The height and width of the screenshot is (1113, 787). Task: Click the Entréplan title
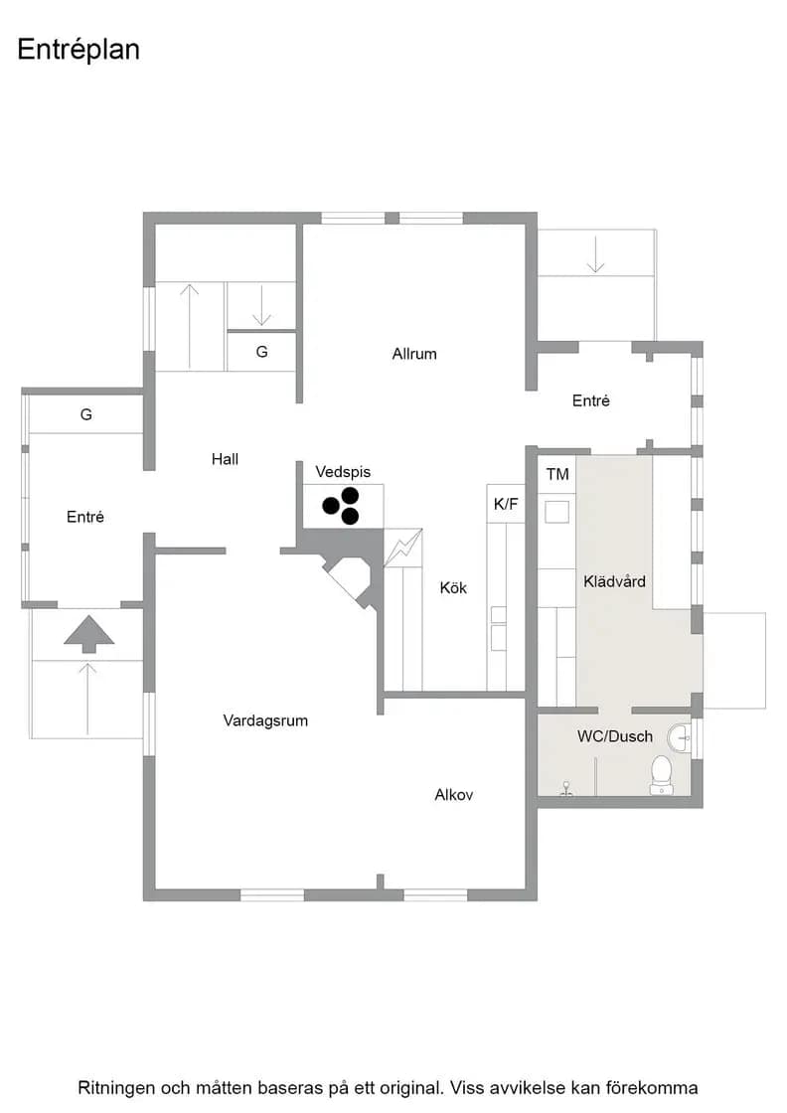pyautogui.click(x=79, y=50)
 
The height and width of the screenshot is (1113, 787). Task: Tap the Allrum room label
pyautogui.click(x=414, y=354)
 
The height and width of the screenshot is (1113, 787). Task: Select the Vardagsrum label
pyautogui.click(x=265, y=721)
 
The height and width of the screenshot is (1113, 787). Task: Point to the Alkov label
pyautogui.click(x=453, y=795)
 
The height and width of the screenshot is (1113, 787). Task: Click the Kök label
pyautogui.click(x=453, y=587)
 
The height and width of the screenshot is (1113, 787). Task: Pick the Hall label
pyautogui.click(x=225, y=459)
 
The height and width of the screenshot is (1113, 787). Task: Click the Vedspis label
pyautogui.click(x=343, y=472)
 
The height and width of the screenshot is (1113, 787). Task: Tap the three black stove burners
pyautogui.click(x=342, y=506)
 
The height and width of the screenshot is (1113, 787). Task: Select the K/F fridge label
pyautogui.click(x=506, y=504)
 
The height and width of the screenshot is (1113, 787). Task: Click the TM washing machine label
pyautogui.click(x=557, y=474)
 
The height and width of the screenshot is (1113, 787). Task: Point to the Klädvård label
pyautogui.click(x=614, y=582)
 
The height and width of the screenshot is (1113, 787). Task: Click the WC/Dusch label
pyautogui.click(x=615, y=736)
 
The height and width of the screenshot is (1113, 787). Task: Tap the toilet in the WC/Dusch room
pyautogui.click(x=662, y=775)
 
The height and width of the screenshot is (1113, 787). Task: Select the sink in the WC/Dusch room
pyautogui.click(x=679, y=738)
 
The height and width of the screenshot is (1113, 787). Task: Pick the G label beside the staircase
pyautogui.click(x=262, y=352)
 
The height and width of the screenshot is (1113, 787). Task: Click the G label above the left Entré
pyautogui.click(x=85, y=414)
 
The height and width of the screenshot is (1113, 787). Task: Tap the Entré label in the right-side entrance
pyautogui.click(x=591, y=401)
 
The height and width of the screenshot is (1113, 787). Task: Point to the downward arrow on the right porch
pyautogui.click(x=595, y=254)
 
